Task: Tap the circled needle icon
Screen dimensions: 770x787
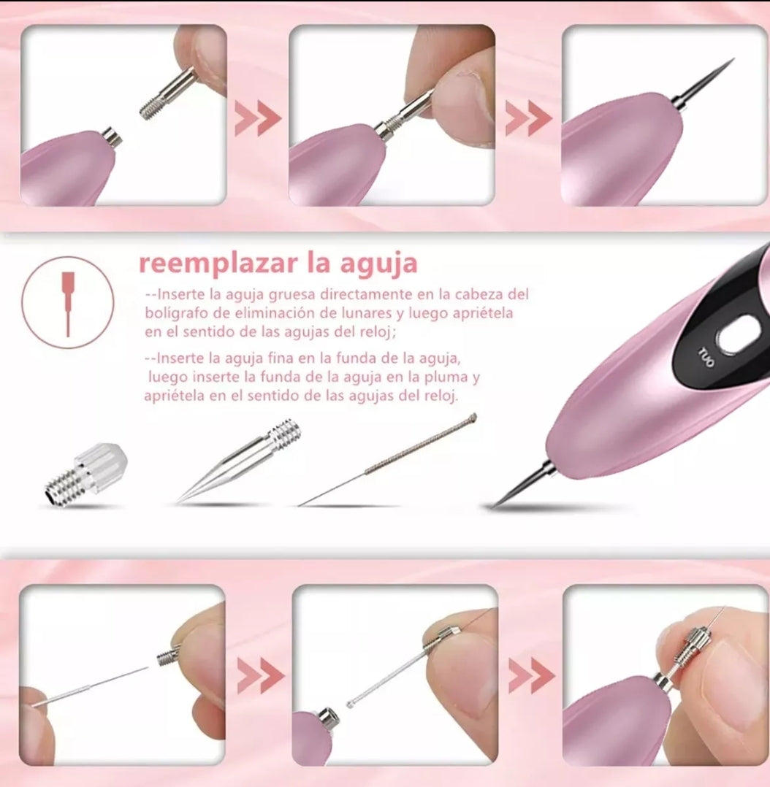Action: pyautogui.click(x=68, y=303)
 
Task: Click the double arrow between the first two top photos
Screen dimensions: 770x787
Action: pyautogui.click(x=258, y=119)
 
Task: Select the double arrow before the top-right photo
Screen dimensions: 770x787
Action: pyautogui.click(x=529, y=119)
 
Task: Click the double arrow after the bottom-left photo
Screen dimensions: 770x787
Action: pyautogui.click(x=260, y=676)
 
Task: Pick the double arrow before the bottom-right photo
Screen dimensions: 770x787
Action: pyautogui.click(x=531, y=676)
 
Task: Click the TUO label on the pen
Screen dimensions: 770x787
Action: pyautogui.click(x=706, y=357)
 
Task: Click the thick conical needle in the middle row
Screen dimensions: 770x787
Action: pyautogui.click(x=239, y=461)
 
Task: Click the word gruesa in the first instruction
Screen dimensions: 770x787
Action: pyautogui.click(x=291, y=295)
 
